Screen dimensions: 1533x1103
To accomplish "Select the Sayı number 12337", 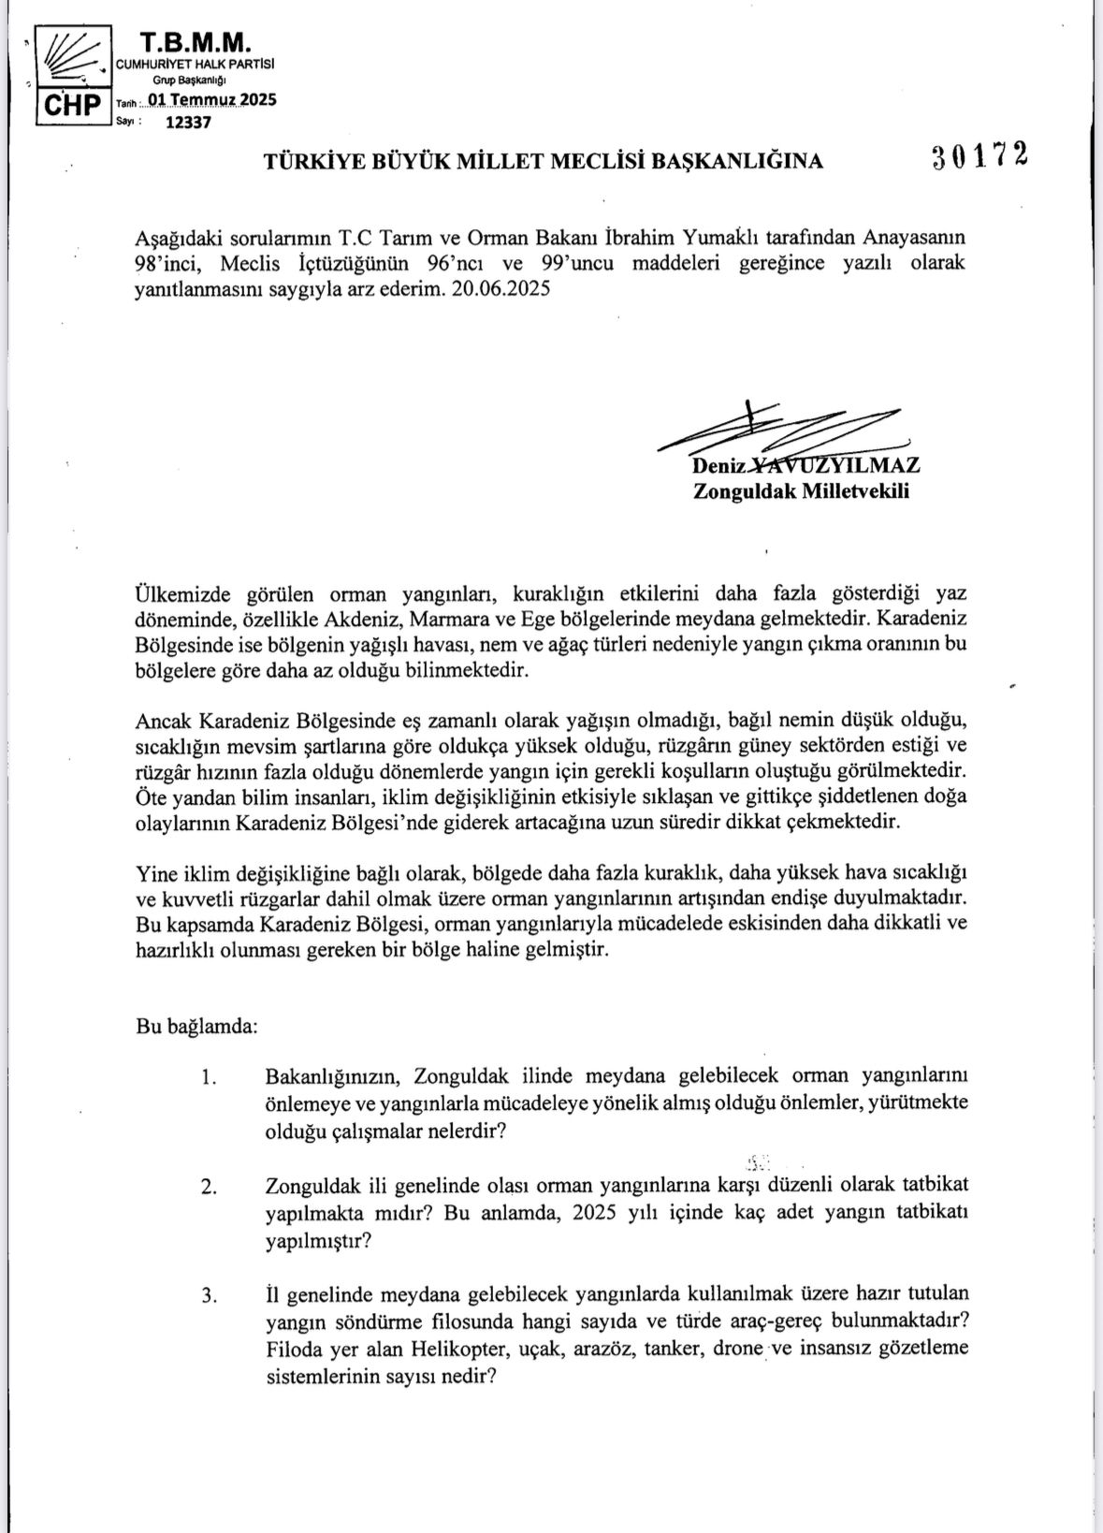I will tap(188, 122).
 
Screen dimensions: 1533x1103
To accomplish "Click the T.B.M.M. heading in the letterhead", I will tap(196, 41).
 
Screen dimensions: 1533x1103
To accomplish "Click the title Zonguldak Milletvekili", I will tap(801, 491).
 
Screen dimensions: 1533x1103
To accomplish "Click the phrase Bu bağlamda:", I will tap(196, 1025).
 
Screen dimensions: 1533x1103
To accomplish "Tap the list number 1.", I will tap(208, 1076).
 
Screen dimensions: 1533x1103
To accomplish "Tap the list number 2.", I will tap(208, 1187).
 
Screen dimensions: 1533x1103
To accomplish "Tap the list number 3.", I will tap(208, 1296).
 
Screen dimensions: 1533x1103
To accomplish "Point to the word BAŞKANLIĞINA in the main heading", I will tap(737, 161).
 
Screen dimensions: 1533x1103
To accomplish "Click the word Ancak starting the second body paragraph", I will tap(163, 721).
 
